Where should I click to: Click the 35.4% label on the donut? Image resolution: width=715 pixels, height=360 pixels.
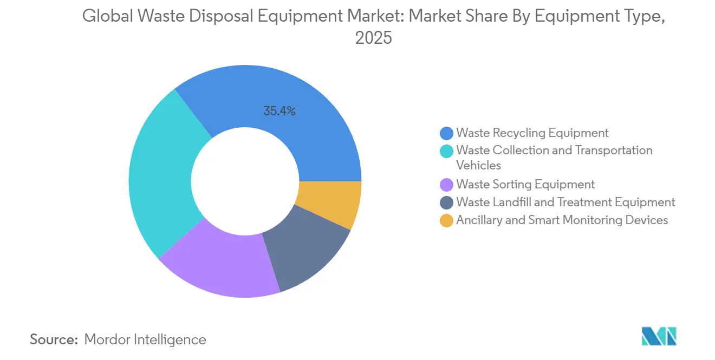[x=279, y=112]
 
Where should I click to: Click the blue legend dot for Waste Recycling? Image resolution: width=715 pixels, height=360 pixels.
[x=447, y=133]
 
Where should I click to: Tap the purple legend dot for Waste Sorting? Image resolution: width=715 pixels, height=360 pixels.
[x=447, y=185]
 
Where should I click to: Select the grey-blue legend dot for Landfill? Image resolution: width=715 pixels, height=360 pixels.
[x=447, y=202]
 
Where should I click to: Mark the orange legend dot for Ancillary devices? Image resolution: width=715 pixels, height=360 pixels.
[x=447, y=220]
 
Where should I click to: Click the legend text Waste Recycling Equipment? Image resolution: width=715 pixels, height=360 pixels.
[x=532, y=133]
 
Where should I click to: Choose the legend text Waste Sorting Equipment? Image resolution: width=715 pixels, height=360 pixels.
[x=525, y=185]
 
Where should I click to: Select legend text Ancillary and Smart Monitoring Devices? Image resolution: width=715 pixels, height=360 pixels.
[x=562, y=220]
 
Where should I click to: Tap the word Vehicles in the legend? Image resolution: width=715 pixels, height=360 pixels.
[x=479, y=166]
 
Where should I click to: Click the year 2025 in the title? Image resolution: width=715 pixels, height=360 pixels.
[x=373, y=38]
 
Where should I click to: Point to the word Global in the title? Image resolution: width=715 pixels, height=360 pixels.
[x=106, y=17]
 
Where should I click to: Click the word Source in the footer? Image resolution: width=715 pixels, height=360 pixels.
[x=54, y=339]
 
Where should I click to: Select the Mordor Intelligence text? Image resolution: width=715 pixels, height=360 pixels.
[x=145, y=339]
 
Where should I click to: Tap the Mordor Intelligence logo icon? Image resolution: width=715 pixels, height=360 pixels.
[x=659, y=336]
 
